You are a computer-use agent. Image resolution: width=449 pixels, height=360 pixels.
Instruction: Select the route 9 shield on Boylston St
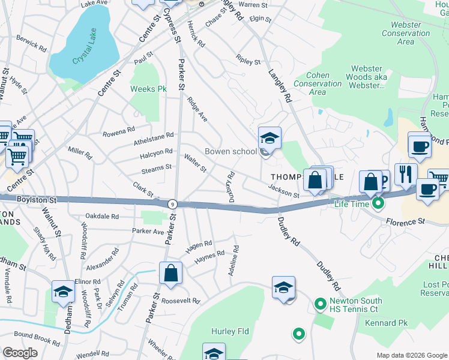pos(172,204)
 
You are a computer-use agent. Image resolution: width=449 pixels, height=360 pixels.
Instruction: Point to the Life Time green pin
pos(378,204)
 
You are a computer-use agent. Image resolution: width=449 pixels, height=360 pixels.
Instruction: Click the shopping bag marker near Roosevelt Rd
pos(170,273)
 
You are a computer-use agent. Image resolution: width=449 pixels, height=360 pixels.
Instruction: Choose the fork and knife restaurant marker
pos(406,174)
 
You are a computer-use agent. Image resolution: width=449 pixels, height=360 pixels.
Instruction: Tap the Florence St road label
pos(405,222)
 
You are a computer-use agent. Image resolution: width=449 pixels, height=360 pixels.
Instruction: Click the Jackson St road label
pos(283,191)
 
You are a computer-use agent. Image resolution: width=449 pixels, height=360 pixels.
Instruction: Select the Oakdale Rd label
pos(102,216)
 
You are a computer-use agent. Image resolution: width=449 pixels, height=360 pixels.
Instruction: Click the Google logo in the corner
pos(20,353)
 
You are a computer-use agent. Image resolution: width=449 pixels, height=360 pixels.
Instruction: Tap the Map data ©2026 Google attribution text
pos(412,355)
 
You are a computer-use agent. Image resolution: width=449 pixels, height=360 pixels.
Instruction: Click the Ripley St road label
pos(249,61)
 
